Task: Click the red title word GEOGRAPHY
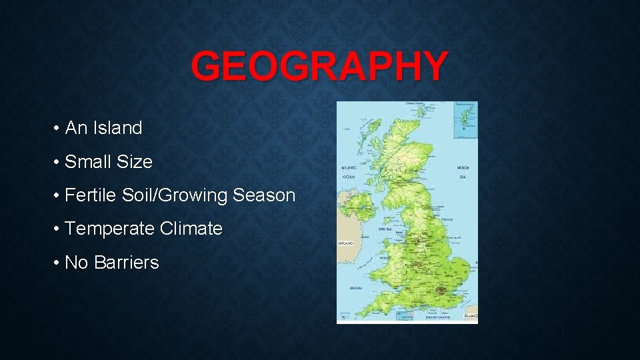point(319,67)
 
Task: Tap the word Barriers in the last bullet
point(127,263)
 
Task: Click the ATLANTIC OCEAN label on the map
point(349,172)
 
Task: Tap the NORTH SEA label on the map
point(463,172)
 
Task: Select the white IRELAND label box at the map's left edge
point(345,244)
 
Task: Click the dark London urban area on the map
point(442,291)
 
